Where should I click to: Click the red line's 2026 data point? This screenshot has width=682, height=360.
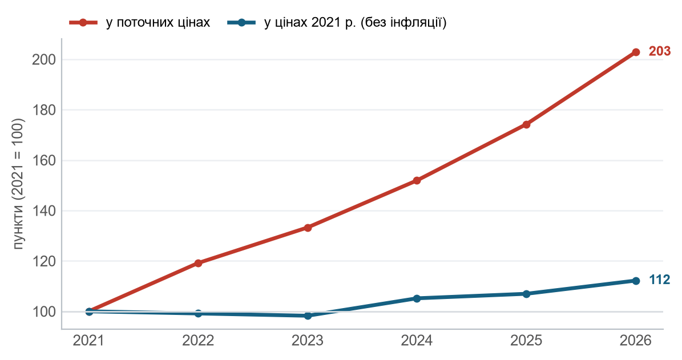pos(635,52)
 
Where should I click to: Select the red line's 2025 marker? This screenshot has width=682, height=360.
pos(526,124)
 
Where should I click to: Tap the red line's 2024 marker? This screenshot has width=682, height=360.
pos(417,180)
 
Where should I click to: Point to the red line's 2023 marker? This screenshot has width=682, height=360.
pos(308,228)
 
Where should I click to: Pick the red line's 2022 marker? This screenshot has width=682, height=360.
pos(199,263)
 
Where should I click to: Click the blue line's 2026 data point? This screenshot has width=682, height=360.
pos(635,281)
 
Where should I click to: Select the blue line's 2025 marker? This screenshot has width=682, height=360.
pos(526,294)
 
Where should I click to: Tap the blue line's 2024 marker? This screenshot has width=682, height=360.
pos(417,298)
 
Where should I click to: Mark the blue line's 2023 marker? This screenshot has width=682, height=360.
pos(308,315)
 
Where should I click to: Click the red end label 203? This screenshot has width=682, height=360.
pos(659,51)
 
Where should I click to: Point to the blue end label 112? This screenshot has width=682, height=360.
pos(659,280)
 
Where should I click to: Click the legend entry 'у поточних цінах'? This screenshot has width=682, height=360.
pos(140,23)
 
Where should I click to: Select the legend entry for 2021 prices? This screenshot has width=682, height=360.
pos(337,23)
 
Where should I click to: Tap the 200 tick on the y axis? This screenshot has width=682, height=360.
pos(44,59)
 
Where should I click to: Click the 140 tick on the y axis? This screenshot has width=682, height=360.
pos(44,211)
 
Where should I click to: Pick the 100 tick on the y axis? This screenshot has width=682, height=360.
pos(44,312)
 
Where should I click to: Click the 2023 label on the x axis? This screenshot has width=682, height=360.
pos(308,341)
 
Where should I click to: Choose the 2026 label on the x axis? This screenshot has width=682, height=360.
pos(635,341)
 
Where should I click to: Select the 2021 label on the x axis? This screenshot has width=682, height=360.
pos(88,341)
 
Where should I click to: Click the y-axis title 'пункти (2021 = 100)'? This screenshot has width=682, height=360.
pos(19,184)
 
